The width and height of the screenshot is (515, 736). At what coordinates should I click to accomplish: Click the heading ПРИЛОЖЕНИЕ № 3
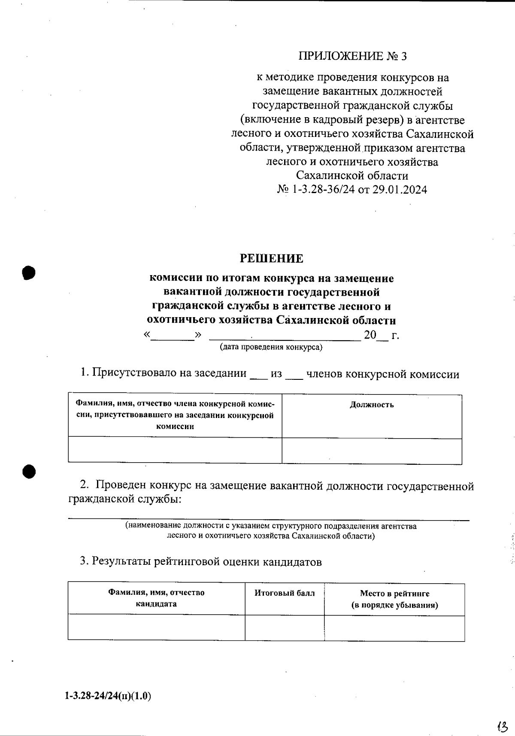pyautogui.click(x=352, y=56)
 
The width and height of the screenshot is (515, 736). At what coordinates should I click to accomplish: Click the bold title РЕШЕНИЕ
pyautogui.click(x=271, y=258)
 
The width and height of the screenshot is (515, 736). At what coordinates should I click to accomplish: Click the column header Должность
pyautogui.click(x=372, y=405)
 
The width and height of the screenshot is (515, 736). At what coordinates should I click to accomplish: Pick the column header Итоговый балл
pyautogui.click(x=285, y=594)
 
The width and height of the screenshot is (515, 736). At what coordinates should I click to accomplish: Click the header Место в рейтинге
pyautogui.click(x=394, y=594)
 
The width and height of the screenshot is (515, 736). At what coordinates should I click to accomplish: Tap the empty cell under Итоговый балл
pyautogui.click(x=285, y=627)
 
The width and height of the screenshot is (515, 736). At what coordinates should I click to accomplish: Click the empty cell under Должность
pyautogui.click(x=372, y=451)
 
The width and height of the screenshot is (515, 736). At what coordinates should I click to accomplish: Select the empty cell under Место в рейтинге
pyautogui.click(x=394, y=628)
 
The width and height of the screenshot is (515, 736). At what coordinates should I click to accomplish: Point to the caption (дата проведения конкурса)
pyautogui.click(x=271, y=347)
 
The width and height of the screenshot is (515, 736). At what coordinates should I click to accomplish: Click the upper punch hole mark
pyautogui.click(x=29, y=273)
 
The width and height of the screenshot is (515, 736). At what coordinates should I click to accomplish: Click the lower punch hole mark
pyautogui.click(x=29, y=471)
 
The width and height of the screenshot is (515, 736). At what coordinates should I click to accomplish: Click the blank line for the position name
pyautogui.click(x=269, y=519)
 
